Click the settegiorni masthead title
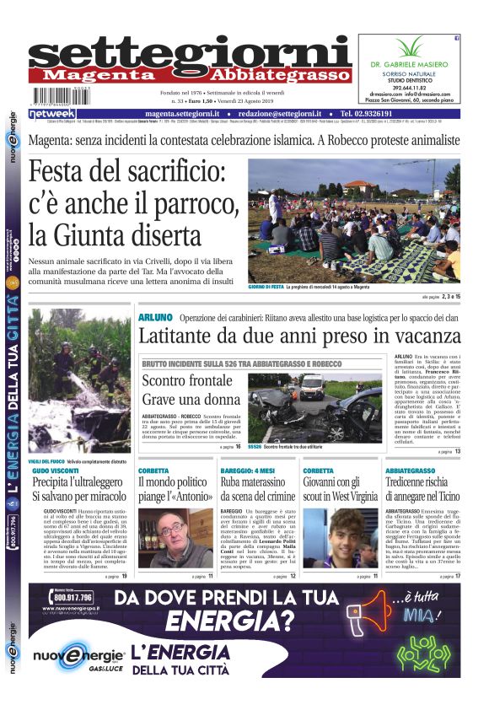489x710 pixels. pyautogui.click(x=190, y=53)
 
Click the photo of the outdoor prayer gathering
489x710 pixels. pyautogui.click(x=354, y=221)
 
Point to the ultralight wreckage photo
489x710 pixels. pyautogui.click(x=80, y=384)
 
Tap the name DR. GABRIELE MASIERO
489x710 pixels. pyautogui.click(x=407, y=64)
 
